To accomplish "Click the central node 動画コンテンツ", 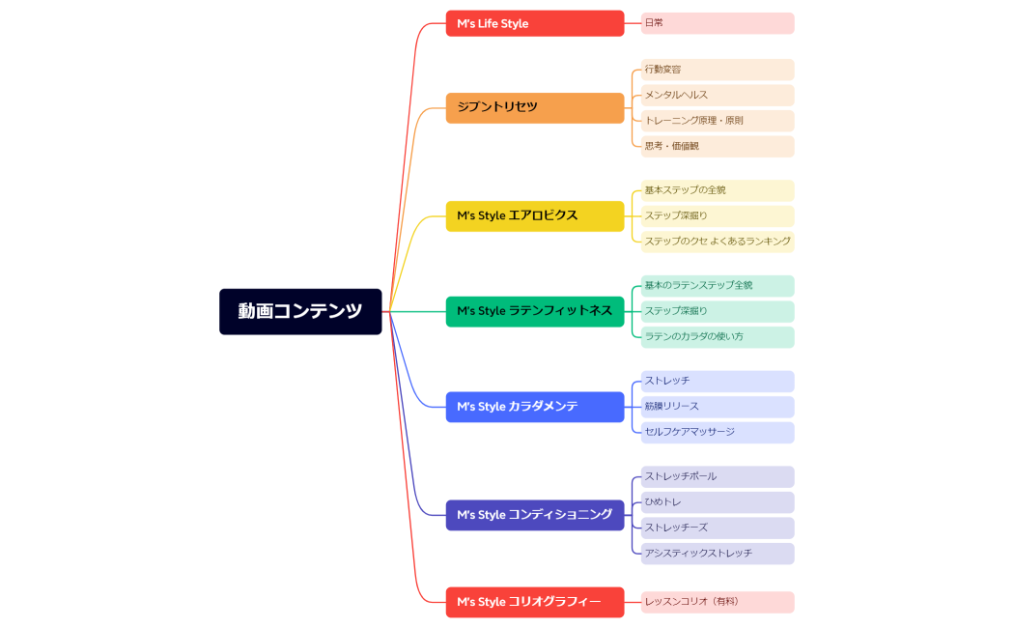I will pos(300,311).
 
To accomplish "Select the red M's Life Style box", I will pos(534,23).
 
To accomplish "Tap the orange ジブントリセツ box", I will pos(534,107).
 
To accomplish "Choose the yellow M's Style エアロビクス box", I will pos(534,215).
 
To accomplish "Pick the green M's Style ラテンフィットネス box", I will pos(534,311).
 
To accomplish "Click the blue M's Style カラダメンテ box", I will pos(534,407).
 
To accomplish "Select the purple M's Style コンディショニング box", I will pos(534,515).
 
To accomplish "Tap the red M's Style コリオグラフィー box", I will pos(534,602).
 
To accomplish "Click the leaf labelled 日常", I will pos(718,23).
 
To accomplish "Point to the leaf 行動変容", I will pos(718,70).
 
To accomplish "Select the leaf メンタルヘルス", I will pos(718,95).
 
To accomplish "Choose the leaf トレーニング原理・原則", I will pos(718,121).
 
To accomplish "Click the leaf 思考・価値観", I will pos(718,146).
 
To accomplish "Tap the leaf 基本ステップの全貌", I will pos(718,190).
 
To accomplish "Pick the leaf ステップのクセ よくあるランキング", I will pos(718,242).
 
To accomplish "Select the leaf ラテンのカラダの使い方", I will pos(718,337).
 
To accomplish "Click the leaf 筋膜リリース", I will pos(718,407).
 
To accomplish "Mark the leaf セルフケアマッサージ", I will pos(718,432).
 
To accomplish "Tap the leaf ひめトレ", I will pos(718,502).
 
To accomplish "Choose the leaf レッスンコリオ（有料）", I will pos(718,602).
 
